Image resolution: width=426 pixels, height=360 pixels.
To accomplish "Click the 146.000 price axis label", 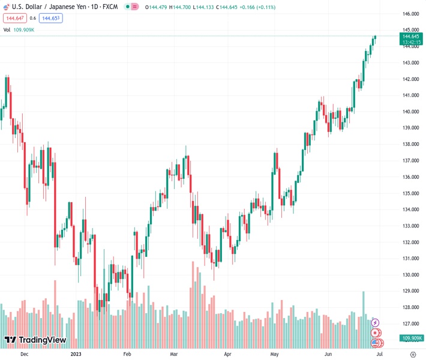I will click(x=410, y=14).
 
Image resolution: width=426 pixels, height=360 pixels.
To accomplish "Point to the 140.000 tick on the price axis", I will click(x=410, y=112).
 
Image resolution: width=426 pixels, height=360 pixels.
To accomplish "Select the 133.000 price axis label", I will click(x=410, y=226).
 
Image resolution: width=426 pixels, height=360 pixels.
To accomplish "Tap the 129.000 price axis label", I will click(x=410, y=291).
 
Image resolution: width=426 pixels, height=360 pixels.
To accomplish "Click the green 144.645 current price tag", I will click(x=411, y=37).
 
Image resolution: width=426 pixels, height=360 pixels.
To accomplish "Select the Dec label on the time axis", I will click(x=24, y=355).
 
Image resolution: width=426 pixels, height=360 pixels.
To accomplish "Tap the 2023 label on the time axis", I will click(x=76, y=355).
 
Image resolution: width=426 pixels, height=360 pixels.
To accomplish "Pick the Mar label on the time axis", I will click(x=175, y=355).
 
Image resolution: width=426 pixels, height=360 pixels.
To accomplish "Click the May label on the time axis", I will click(x=275, y=355).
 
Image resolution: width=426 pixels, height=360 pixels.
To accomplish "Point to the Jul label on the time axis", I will click(x=379, y=355).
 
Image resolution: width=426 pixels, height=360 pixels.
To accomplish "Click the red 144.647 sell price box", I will click(x=14, y=19).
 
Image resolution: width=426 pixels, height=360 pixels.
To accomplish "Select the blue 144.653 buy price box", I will click(x=51, y=19).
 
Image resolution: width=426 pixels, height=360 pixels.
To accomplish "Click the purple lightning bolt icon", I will click(x=376, y=323).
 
